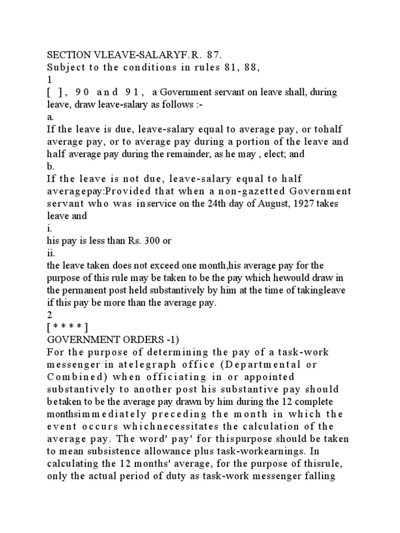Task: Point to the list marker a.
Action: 51,118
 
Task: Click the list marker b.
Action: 51,168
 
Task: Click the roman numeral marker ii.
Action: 51,254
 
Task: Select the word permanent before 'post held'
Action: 85,291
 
